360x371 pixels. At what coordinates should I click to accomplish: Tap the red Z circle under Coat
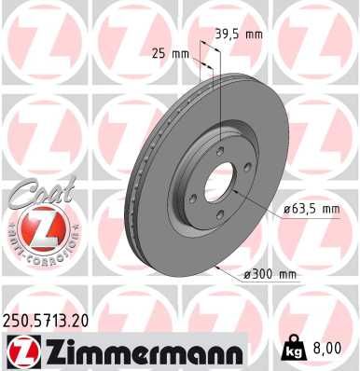37,228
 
